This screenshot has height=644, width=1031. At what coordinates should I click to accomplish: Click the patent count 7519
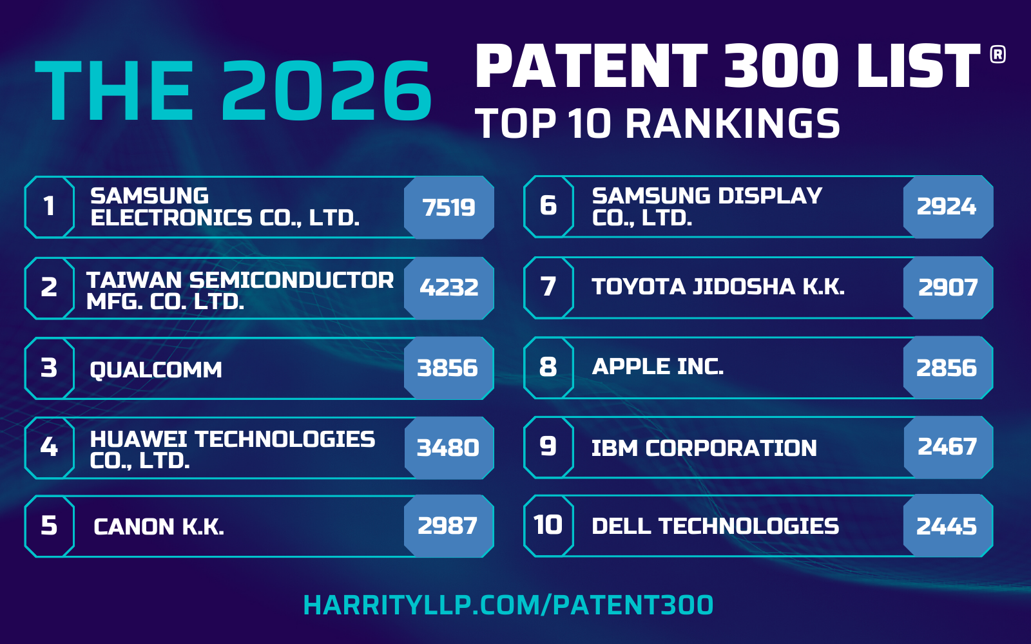click(449, 207)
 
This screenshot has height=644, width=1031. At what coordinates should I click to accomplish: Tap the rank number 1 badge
click(49, 207)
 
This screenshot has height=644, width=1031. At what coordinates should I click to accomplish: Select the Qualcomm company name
click(156, 370)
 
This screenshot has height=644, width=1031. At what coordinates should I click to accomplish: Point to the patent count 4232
click(449, 287)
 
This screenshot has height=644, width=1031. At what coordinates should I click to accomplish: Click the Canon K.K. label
click(159, 527)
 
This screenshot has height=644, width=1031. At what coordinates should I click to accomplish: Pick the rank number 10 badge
click(548, 526)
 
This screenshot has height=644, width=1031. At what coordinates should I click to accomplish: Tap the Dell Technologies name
click(715, 526)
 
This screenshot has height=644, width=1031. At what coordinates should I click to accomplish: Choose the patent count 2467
click(947, 447)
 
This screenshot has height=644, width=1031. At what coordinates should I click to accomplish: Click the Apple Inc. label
click(658, 366)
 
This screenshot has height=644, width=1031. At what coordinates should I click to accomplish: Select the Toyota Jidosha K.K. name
click(718, 287)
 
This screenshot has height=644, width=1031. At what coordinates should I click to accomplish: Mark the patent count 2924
click(947, 207)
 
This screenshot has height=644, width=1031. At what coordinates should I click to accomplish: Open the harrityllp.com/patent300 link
click(508, 605)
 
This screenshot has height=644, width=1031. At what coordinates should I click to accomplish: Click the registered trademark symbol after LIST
click(997, 55)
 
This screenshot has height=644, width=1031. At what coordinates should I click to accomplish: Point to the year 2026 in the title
click(327, 91)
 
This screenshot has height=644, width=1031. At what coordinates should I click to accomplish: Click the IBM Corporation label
click(704, 448)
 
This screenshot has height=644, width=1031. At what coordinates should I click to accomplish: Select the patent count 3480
click(448, 448)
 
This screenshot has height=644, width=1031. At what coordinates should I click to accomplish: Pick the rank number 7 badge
click(548, 287)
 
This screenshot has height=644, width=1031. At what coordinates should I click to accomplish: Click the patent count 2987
click(448, 526)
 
